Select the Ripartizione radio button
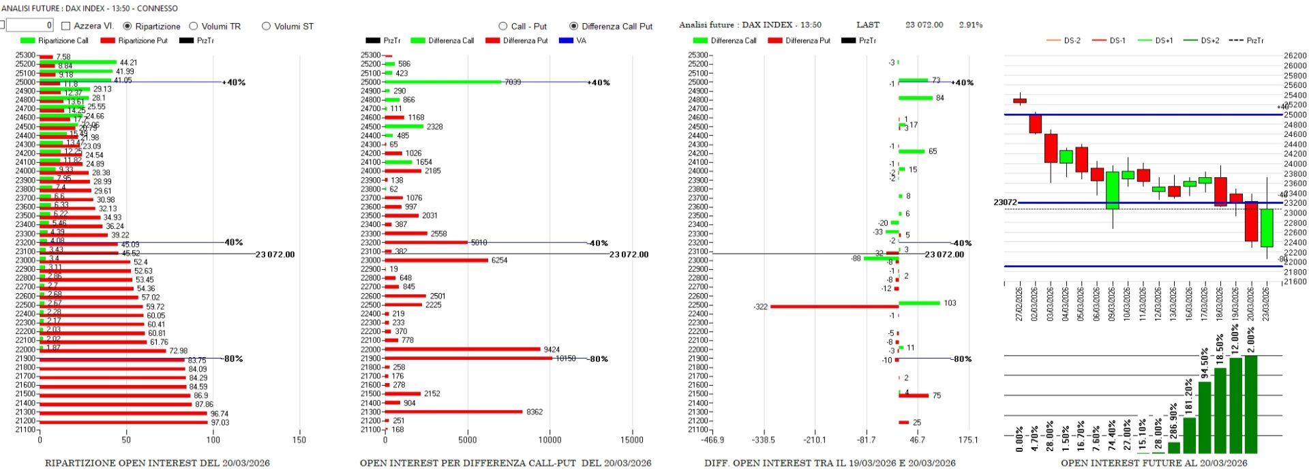coord(127,26)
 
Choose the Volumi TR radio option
coord(194,26)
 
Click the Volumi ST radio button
coord(266,26)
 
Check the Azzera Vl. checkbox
coord(66,26)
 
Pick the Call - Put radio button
coord(503,26)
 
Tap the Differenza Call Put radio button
coord(573,26)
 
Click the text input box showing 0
coord(29,25)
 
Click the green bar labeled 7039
coord(443,82)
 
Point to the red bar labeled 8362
coord(453,412)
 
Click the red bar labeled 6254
coord(436,260)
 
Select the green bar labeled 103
coord(919,303)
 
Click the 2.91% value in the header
coord(970,25)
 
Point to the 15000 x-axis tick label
coord(632,440)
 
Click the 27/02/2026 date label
coord(1019,304)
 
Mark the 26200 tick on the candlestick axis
coord(1295,56)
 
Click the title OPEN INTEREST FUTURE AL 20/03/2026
coord(1154,463)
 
